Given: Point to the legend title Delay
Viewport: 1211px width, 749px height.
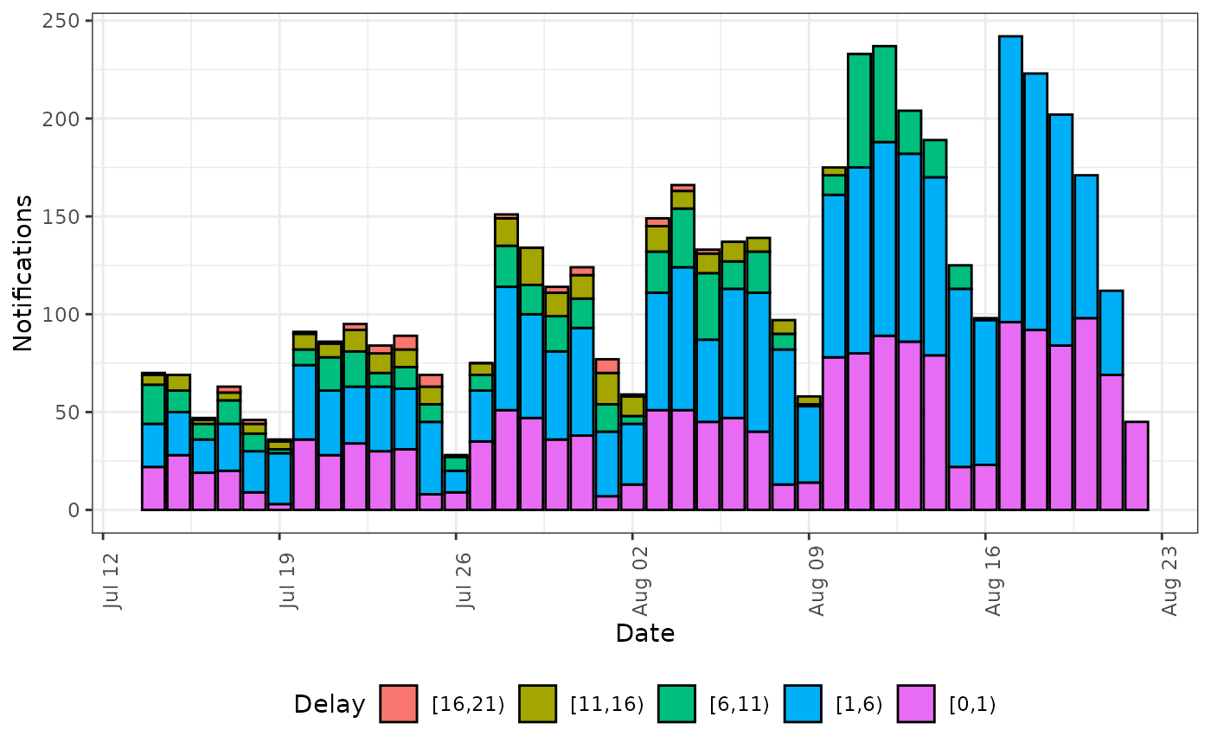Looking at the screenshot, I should (x=329, y=704).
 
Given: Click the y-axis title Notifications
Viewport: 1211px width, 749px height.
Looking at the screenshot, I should (x=23, y=272).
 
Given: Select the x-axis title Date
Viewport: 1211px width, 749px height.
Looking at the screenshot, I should (x=644, y=633).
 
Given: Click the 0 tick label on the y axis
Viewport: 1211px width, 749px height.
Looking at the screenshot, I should (x=75, y=509).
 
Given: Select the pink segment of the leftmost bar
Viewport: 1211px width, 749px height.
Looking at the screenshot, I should (x=153, y=488).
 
